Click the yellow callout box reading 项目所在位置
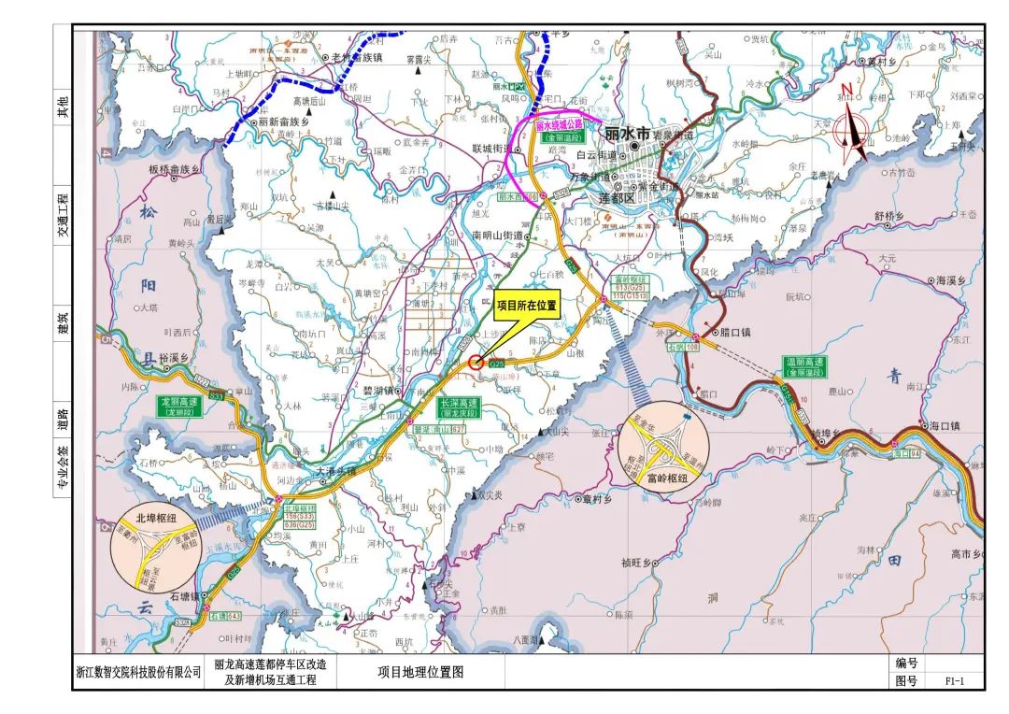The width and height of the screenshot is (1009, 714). (x=526, y=305)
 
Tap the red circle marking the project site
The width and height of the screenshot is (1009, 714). (x=476, y=362)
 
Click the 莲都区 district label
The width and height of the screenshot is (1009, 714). (x=617, y=199)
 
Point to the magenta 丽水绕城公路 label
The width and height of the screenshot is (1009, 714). (x=559, y=123)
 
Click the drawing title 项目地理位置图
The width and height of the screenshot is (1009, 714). (x=419, y=672)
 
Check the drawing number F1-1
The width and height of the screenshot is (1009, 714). (x=953, y=681)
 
